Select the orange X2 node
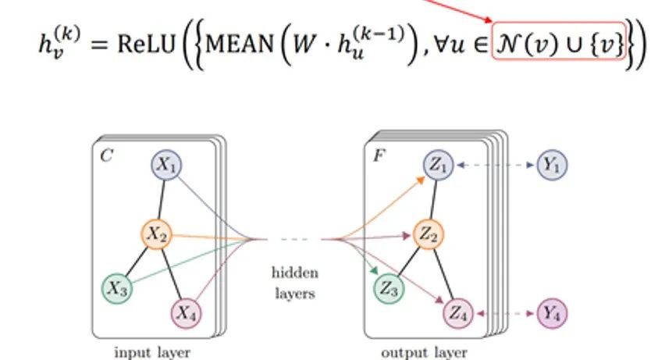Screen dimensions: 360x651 pos(155,233)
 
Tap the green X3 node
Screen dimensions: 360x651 pos(117,288)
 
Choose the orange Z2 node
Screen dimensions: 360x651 pos(426,233)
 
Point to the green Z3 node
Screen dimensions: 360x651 pos(390,288)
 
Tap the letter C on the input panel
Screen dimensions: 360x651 pos(105,155)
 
